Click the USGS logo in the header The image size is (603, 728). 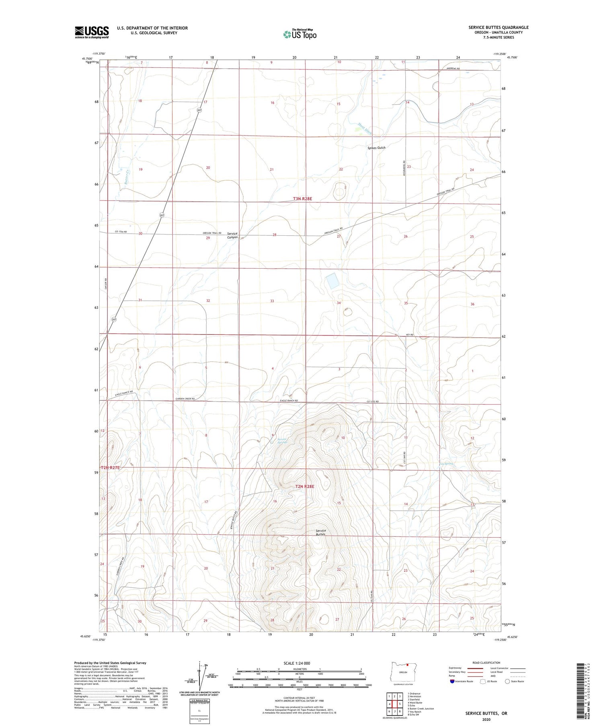[92, 32]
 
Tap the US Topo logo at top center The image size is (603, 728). [299, 35]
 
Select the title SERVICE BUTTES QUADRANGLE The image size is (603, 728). [498, 28]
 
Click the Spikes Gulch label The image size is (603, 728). [376, 148]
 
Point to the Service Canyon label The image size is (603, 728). [232, 235]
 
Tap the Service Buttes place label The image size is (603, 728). [320, 532]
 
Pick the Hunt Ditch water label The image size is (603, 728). [365, 128]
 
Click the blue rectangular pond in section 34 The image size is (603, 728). [332, 281]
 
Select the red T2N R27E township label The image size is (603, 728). [111, 468]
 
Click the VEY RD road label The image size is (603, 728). [409, 335]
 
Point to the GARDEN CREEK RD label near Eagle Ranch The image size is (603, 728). [185, 399]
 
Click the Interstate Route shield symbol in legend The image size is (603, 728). [452, 681]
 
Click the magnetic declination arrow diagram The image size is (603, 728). [200, 675]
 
